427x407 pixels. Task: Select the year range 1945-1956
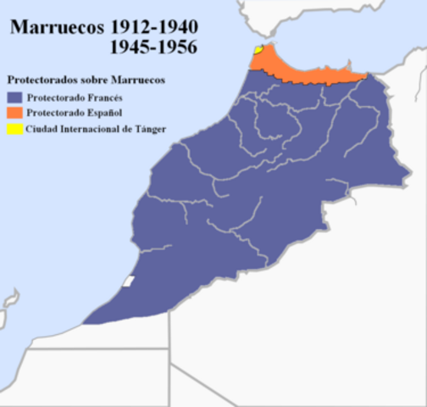[152, 47]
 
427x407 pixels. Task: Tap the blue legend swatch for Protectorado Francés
[15, 98]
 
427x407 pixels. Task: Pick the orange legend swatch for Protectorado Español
[15, 113]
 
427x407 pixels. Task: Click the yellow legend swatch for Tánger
[15, 129]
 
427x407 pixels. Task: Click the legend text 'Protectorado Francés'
[74, 98]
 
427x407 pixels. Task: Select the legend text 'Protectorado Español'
[75, 113]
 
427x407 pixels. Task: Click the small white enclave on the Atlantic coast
[129, 281]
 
